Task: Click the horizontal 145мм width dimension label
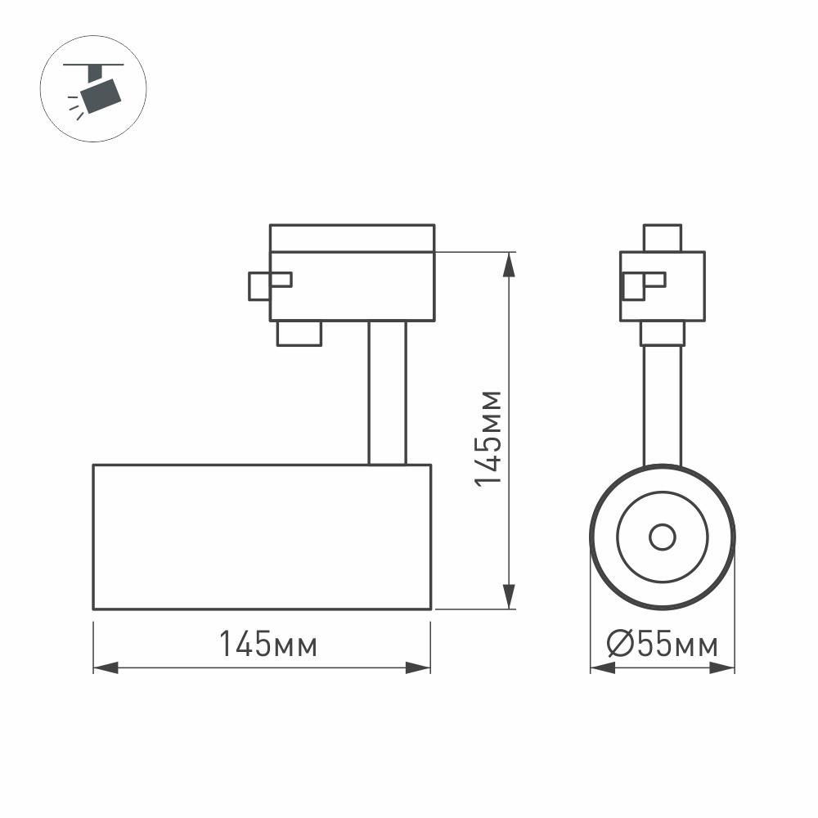(x=267, y=645)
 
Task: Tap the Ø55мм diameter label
(x=663, y=645)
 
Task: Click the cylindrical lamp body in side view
(x=262, y=537)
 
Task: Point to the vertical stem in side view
(x=387, y=393)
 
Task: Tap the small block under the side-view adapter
(x=299, y=333)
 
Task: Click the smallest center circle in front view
(x=663, y=537)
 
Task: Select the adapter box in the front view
(x=663, y=285)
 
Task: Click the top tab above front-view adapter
(x=663, y=237)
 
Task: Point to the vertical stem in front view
(x=663, y=405)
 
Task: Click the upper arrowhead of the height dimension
(x=510, y=263)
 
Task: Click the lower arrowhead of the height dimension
(x=510, y=598)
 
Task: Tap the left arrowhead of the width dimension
(x=105, y=668)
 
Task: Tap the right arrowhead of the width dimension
(x=419, y=668)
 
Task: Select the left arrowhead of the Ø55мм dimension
(x=601, y=668)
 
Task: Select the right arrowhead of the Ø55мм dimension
(x=723, y=668)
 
